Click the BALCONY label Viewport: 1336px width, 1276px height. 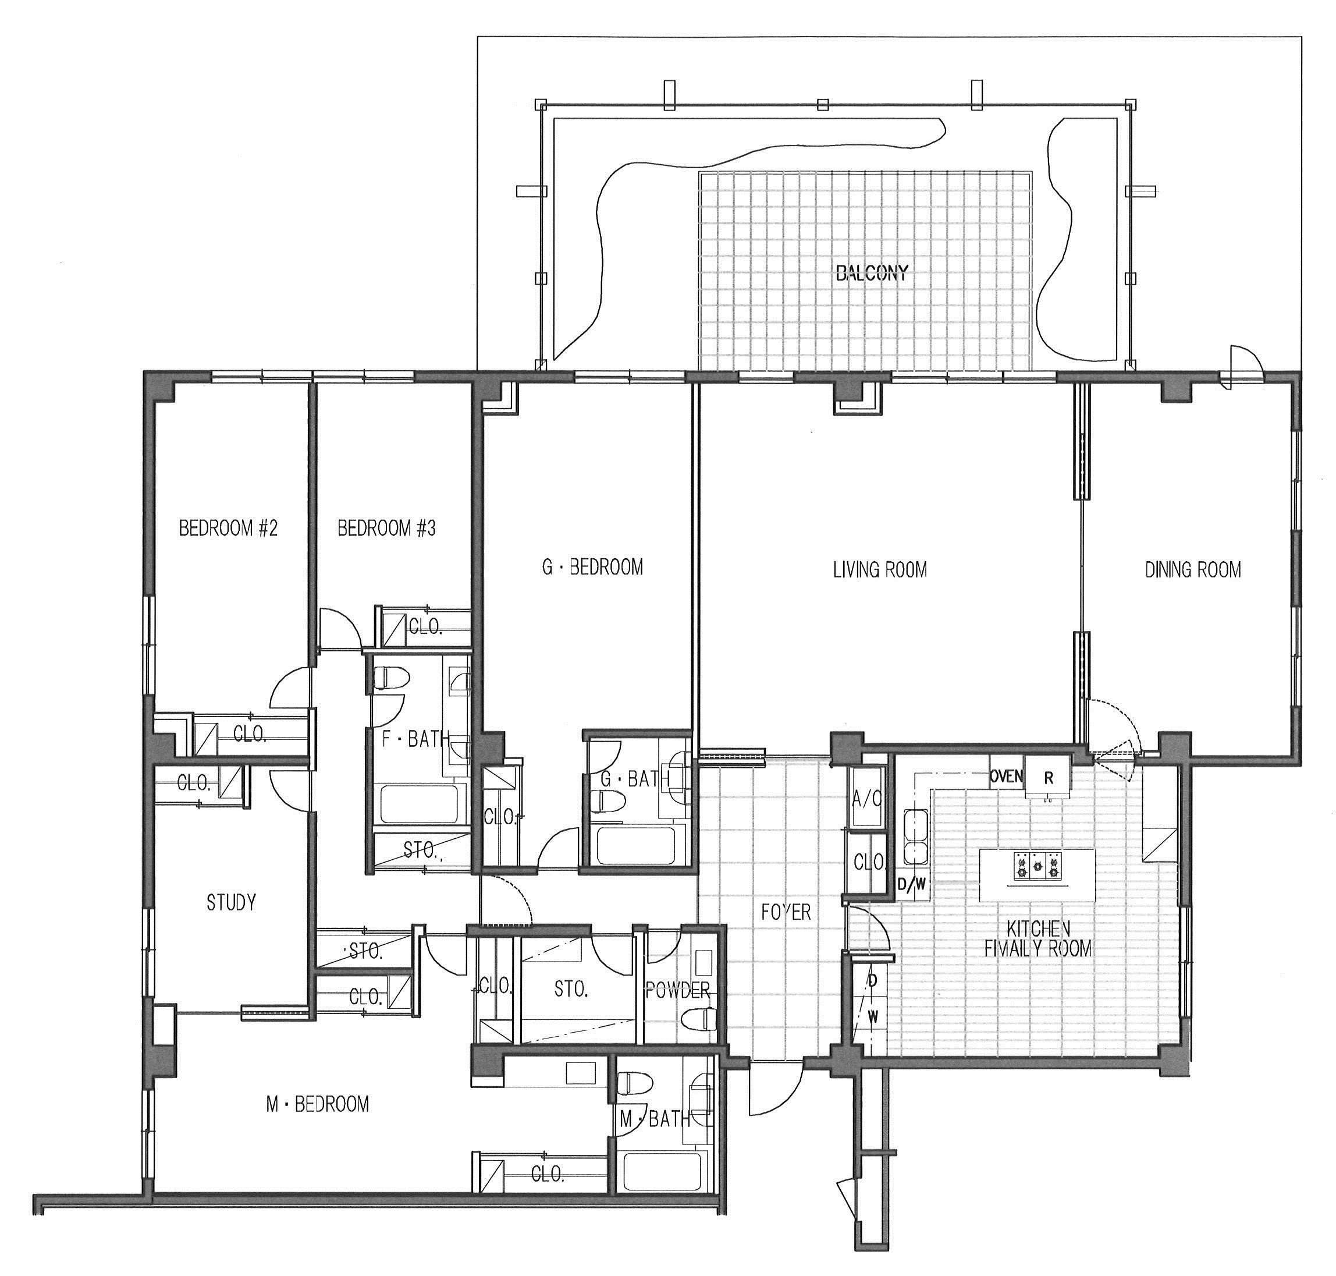872,274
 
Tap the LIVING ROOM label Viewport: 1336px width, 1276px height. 880,569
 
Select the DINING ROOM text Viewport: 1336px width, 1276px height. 1192,569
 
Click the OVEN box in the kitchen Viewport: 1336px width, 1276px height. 1006,776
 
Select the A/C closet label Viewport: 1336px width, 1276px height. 866,800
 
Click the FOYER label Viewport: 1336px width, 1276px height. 786,912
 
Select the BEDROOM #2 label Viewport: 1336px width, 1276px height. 228,529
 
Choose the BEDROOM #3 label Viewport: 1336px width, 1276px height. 386,529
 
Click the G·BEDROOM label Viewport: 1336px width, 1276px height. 592,566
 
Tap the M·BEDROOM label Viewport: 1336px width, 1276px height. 318,1103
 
